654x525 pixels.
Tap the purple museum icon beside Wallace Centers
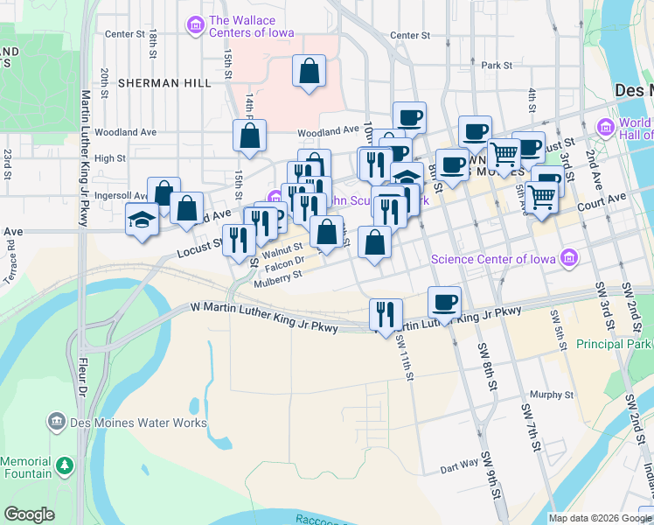[195, 25]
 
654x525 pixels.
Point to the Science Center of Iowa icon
[570, 258]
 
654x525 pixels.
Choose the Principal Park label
[612, 344]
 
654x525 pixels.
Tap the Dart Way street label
[459, 465]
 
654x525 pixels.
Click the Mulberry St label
[277, 276]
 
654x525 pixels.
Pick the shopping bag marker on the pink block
[310, 72]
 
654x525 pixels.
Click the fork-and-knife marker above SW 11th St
[386, 313]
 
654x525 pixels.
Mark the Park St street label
[496, 65]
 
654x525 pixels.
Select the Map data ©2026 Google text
[599, 518]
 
